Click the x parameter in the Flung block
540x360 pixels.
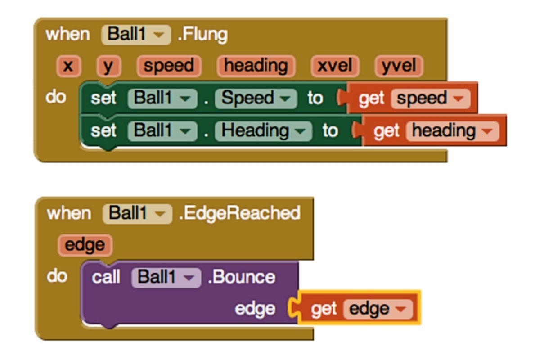pos(68,66)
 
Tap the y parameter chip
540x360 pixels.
pos(108,66)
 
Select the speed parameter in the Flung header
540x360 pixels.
pos(169,66)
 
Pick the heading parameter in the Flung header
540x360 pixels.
pos(256,66)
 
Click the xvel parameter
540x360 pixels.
pos(335,66)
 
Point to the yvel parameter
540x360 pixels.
pos(399,66)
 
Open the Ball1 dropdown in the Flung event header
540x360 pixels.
pos(136,35)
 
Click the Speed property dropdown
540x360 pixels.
pos(256,99)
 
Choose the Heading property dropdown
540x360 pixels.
pos(264,131)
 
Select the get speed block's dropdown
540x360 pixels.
pos(431,99)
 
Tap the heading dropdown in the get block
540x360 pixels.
pos(453,131)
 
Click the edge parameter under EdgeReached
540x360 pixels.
pos(85,245)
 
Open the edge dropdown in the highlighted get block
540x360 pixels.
pos(378,309)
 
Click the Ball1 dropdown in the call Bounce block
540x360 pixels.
pos(166,277)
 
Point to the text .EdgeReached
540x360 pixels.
pos(240,214)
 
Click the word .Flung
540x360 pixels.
pos(202,35)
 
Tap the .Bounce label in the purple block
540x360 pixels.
pos(241,277)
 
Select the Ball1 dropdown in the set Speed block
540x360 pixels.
pos(163,99)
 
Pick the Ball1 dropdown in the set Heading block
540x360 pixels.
pos(163,131)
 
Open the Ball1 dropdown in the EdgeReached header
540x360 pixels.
pos(137,214)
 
